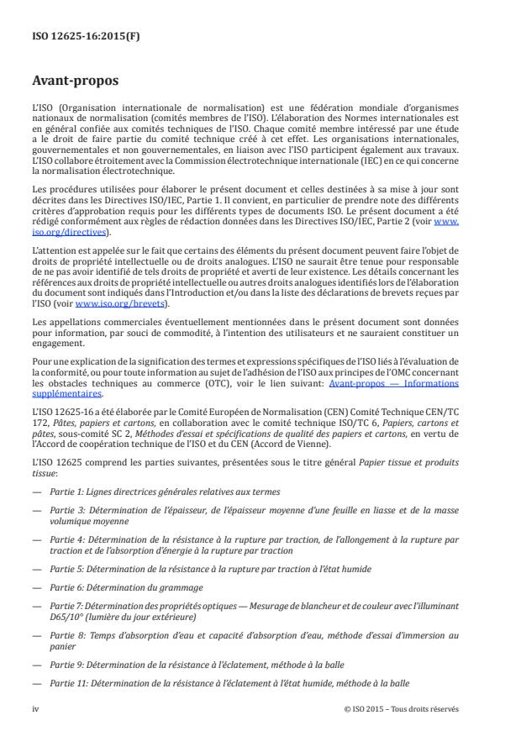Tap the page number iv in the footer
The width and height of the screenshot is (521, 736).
click(34, 708)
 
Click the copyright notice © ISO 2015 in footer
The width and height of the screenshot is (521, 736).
click(402, 708)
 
